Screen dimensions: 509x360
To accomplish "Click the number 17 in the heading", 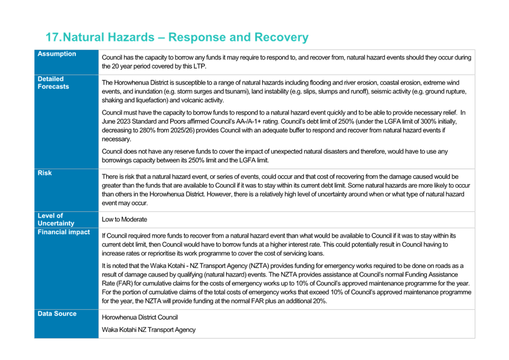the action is (52, 37).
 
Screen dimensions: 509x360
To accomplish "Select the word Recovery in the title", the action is (281, 37).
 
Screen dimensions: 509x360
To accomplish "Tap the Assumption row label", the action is (57, 54).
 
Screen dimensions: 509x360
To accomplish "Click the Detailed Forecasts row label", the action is (53, 83).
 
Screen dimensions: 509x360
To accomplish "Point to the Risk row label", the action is (44, 173).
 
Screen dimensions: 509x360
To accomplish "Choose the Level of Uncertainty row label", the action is (56, 220).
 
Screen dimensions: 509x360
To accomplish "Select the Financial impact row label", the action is (63, 232).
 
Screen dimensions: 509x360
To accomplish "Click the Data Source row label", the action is (57, 313).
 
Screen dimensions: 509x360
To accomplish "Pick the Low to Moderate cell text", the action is (124, 220).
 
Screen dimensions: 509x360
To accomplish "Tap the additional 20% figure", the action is (319, 301).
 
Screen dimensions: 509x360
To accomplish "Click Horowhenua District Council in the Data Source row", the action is (140, 317).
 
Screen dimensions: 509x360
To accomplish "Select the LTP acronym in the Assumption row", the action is (200, 66).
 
